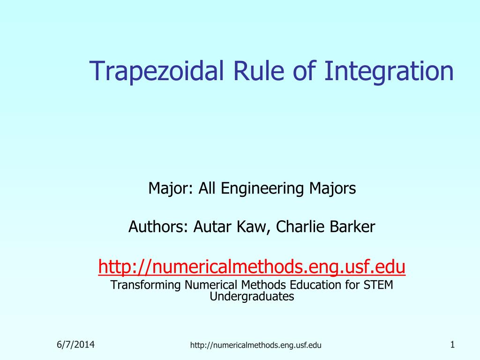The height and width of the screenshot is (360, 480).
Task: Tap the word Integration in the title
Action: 389,71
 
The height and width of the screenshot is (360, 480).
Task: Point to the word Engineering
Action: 262,188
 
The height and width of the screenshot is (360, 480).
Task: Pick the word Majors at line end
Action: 332,188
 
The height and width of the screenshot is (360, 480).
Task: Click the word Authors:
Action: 158,227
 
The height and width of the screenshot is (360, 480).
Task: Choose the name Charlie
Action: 300,226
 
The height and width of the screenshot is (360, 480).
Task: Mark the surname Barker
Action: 352,226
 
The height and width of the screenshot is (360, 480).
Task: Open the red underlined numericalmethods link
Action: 252,267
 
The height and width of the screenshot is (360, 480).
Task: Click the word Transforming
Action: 145,285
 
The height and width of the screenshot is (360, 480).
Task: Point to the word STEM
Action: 378,285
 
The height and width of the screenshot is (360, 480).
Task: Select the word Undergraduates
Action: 252,297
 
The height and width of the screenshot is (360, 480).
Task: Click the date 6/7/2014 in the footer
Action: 75,345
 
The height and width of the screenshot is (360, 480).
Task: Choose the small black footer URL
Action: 255,345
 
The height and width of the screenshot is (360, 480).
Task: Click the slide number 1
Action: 452,345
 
